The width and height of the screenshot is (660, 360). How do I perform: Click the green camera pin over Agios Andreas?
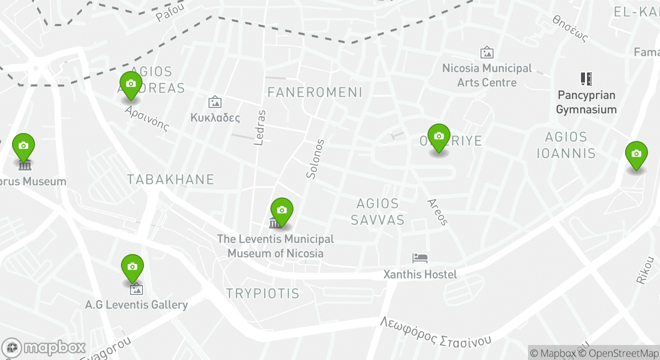click(x=131, y=84)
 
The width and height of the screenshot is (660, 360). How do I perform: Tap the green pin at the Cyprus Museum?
click(x=23, y=146)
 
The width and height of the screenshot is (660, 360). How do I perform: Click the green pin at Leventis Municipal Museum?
click(x=282, y=210)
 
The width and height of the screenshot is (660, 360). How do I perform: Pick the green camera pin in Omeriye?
click(x=439, y=137)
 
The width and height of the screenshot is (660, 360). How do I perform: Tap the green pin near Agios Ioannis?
click(x=636, y=154)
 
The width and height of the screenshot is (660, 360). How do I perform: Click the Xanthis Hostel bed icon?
click(x=420, y=258)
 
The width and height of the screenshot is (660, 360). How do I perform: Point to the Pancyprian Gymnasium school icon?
click(x=586, y=79)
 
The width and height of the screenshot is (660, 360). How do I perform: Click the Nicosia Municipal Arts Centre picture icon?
click(x=486, y=52)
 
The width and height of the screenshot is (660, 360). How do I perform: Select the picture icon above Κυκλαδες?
click(x=215, y=102)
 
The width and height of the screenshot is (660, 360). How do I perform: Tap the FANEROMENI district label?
click(x=314, y=92)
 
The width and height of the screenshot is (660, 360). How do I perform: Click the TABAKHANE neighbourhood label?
click(x=170, y=179)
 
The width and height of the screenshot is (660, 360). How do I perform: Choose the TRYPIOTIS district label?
click(x=262, y=293)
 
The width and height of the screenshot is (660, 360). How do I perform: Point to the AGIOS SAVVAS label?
click(x=377, y=211)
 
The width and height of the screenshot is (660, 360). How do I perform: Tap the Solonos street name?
click(x=312, y=159)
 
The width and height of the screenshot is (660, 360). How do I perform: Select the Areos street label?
click(x=437, y=211)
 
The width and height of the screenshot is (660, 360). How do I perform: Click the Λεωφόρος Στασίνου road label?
click(x=435, y=332)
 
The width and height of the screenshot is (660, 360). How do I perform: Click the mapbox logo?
click(x=43, y=347)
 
